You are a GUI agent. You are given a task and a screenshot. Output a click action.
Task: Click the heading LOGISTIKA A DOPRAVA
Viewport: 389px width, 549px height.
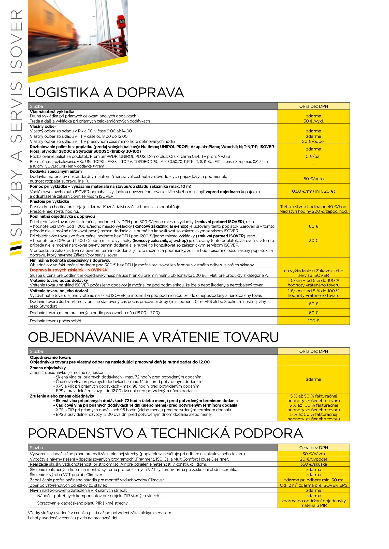click(106, 93)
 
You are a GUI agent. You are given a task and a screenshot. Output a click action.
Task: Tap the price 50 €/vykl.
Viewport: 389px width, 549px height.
click(313, 121)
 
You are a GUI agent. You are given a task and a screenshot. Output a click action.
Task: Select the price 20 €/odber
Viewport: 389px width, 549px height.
click(313, 142)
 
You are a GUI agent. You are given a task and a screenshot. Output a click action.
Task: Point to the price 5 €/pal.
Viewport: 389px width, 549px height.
click(313, 157)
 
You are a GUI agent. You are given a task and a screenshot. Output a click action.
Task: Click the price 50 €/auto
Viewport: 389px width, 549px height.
click(313, 179)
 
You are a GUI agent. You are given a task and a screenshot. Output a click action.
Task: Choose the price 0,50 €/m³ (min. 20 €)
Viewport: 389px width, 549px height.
click(313, 191)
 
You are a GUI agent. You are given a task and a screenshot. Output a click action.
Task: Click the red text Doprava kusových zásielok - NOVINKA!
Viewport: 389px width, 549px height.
click(69, 270)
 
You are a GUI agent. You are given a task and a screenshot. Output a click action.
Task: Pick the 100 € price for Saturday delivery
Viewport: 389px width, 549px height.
click(313, 321)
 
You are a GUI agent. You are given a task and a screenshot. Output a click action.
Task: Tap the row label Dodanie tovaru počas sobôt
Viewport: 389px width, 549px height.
click(56, 321)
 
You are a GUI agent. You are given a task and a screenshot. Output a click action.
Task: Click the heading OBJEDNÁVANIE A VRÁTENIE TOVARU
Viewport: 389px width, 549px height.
click(153, 338)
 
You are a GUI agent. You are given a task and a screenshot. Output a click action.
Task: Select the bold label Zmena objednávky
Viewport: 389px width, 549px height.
click(48, 368)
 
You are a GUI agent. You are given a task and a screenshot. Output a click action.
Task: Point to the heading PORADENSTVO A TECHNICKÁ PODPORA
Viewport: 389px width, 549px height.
click(165, 433)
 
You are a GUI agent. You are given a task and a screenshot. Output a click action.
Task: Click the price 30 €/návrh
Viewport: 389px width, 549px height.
click(313, 454)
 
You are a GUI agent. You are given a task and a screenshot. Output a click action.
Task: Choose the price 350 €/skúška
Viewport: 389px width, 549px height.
click(313, 464)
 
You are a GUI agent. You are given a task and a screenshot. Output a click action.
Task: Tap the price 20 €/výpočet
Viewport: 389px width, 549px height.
click(313, 459)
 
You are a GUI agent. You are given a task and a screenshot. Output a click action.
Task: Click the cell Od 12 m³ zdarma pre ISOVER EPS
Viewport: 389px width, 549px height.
click(313, 485)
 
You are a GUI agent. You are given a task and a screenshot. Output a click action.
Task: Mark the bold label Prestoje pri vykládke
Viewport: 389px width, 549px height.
click(49, 202)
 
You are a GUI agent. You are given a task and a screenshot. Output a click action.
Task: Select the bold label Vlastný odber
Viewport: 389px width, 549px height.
click(43, 127)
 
